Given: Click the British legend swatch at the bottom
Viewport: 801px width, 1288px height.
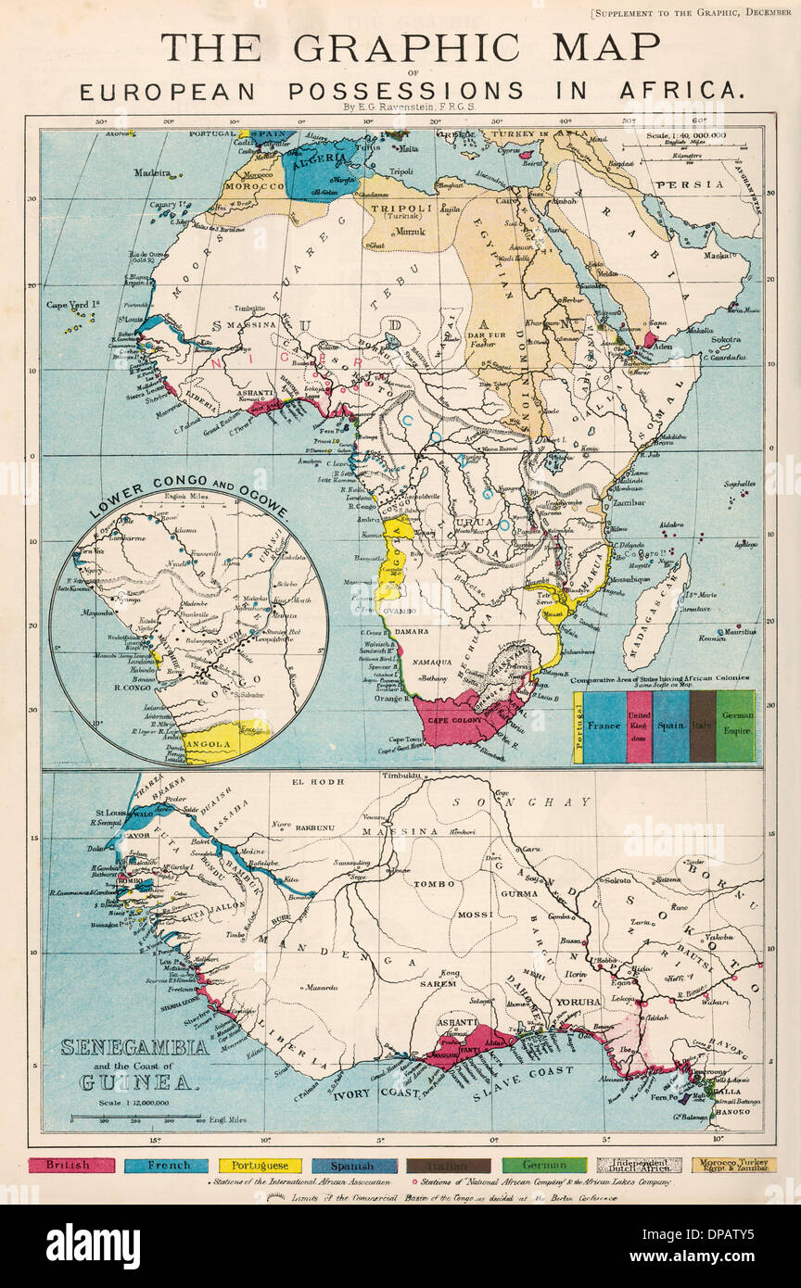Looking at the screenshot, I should point(72,1165).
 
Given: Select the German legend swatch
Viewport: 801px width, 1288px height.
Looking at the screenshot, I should point(544,1165).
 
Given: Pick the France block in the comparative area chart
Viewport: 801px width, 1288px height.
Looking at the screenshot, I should point(604,726).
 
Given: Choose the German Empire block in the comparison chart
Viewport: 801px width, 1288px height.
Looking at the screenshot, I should point(736,726).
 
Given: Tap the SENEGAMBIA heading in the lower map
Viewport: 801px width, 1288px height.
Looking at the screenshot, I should point(135,1049).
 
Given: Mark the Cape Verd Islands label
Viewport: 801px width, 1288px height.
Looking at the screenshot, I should point(70,304).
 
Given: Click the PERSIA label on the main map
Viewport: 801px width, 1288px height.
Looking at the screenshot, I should point(702,184).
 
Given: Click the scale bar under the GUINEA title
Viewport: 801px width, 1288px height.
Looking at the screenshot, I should point(135,1118).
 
